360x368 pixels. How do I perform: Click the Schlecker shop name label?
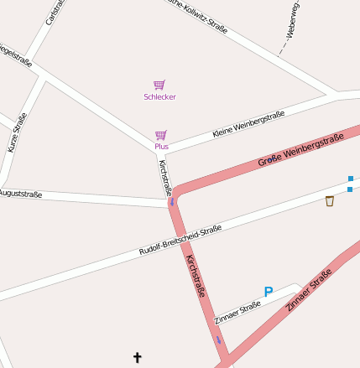[159, 97]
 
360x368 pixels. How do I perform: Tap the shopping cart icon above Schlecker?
[159, 85]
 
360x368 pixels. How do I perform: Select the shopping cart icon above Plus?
[160, 135]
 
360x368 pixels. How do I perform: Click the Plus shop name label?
[161, 147]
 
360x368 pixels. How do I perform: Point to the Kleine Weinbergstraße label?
[248, 123]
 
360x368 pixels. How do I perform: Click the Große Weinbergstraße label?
[300, 149]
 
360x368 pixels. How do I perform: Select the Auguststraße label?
[20, 194]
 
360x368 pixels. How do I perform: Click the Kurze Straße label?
[17, 132]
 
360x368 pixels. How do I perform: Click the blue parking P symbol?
[269, 292]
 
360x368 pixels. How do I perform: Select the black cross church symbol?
[138, 358]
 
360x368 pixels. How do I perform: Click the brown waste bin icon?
[330, 201]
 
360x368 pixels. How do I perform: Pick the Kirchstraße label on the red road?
[196, 277]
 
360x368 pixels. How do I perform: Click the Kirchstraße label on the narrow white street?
[164, 177]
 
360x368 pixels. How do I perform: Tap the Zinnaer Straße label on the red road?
[310, 289]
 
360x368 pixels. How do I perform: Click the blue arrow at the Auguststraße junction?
[173, 201]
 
